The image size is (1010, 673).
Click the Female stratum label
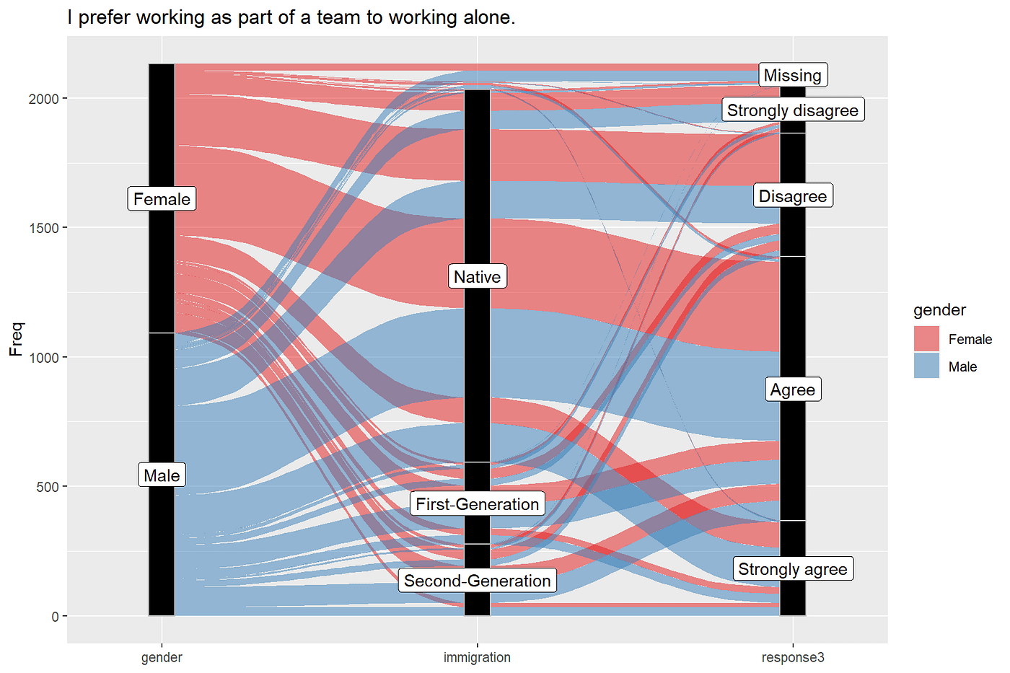tap(162, 199)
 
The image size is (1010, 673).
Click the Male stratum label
tap(162, 475)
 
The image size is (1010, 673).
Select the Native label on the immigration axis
tap(477, 277)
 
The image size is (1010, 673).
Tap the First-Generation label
tap(477, 504)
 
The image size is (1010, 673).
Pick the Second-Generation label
tap(477, 581)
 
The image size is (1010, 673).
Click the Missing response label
tap(792, 75)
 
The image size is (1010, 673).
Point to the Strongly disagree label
tap(792, 110)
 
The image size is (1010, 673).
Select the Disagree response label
tap(792, 196)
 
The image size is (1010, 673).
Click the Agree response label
tap(792, 390)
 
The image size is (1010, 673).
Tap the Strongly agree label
tap(792, 569)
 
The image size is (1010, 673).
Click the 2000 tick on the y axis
tap(43, 99)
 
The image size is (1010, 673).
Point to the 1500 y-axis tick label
tap(43, 228)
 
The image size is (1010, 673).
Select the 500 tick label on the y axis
tap(48, 487)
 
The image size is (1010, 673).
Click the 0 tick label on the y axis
tap(55, 617)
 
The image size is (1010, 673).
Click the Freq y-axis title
tap(16, 339)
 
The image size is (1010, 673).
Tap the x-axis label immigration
tap(477, 657)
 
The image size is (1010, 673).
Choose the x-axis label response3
tap(792, 657)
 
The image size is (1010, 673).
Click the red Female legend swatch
tap(926, 339)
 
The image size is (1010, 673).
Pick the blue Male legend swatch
tap(926, 366)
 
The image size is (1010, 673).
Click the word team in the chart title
tap(338, 17)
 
